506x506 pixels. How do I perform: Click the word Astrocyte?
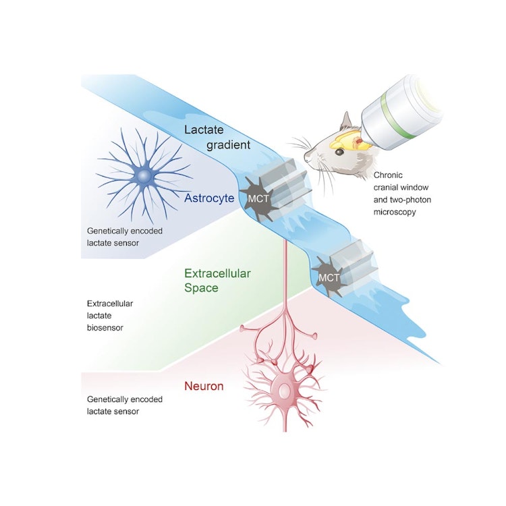pos(208,198)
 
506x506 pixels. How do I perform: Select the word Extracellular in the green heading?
pos(217,274)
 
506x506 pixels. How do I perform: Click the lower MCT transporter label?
pos(329,277)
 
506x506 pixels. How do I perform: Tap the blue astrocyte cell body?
pos(144,177)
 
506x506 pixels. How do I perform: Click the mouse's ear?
pos(347,123)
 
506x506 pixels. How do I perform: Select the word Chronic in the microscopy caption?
pos(389,175)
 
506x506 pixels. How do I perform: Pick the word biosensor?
pos(105,328)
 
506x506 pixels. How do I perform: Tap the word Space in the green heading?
pos(203,288)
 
